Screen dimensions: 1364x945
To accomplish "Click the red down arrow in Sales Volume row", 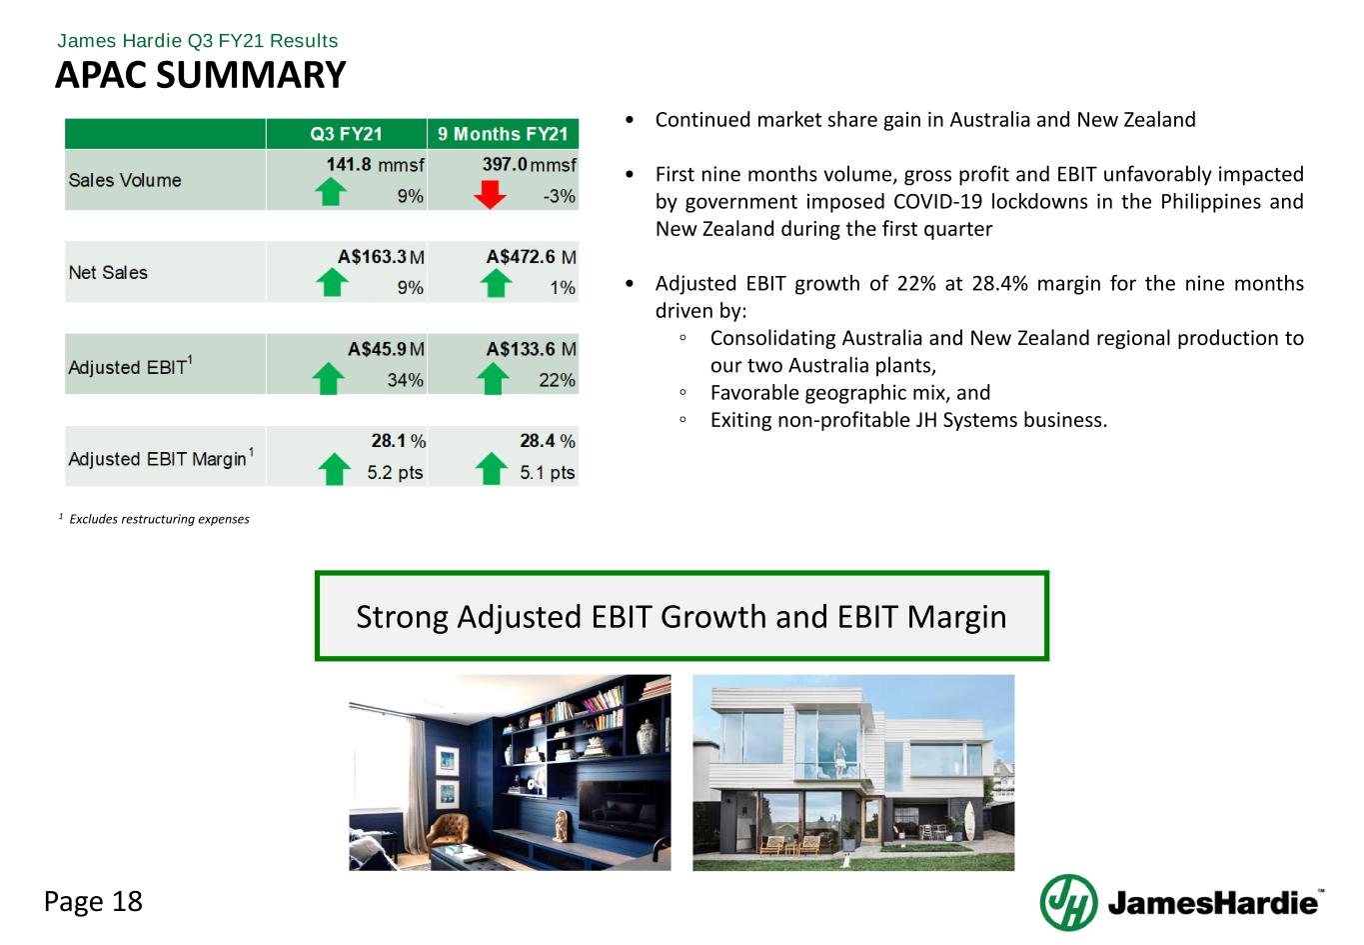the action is [490, 194].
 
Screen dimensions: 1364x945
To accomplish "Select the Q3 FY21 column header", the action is [346, 134].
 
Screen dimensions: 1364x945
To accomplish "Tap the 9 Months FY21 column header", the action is [503, 134].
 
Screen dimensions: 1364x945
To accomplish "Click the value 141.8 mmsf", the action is [375, 165].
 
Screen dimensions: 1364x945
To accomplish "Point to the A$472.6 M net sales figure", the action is [531, 257].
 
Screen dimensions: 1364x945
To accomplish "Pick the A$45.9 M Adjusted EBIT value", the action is [386, 349].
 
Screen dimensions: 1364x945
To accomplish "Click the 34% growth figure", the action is [405, 380].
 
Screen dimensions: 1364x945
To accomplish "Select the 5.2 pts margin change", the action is [395, 472].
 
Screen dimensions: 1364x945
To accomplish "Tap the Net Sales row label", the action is [108, 272].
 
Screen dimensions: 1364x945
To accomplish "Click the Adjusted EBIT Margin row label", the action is [161, 458].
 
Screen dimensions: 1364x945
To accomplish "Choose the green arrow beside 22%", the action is [493, 378].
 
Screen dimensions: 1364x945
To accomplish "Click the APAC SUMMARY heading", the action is [200, 75].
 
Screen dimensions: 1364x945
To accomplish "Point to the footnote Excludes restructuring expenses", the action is [159, 519].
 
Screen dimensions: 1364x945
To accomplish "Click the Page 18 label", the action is [93, 901].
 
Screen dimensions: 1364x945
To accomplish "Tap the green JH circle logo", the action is [1068, 902].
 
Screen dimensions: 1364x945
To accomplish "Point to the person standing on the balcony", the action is [839, 759].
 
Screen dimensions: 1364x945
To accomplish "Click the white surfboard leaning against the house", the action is [970, 820].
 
